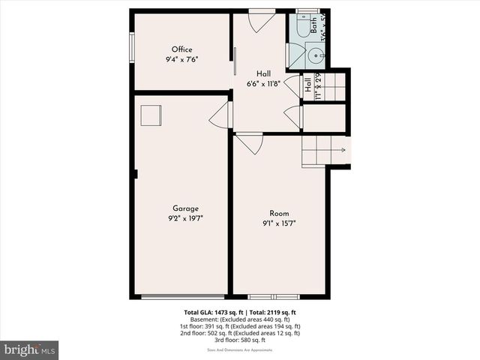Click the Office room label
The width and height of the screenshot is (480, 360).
click(181, 49)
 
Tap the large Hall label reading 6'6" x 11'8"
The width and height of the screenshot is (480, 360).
click(263, 84)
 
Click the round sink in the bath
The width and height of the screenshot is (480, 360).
click(316, 55)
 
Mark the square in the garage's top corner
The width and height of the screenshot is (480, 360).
click(151, 115)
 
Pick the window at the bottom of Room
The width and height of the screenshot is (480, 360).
click(273, 296)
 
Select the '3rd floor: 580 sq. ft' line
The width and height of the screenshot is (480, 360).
click(240, 341)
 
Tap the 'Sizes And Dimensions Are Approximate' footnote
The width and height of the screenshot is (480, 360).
click(240, 350)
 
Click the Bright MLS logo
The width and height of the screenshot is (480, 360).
click(30, 349)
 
